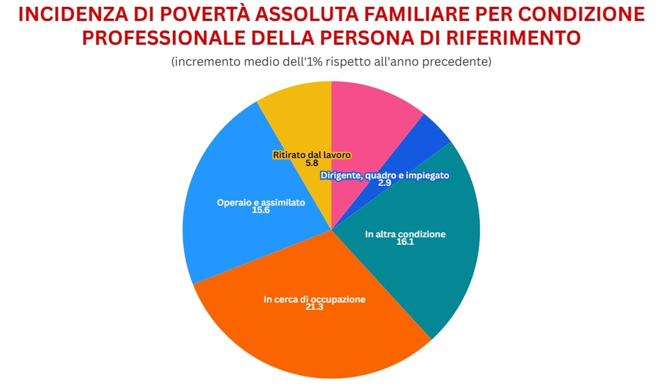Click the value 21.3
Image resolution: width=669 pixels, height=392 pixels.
tap(314, 308)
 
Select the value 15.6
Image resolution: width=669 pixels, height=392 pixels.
tap(261, 210)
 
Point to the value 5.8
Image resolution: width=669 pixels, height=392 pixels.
tap(312, 163)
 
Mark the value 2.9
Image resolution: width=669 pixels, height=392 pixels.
tap(385, 184)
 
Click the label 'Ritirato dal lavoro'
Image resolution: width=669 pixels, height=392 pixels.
tap(312, 155)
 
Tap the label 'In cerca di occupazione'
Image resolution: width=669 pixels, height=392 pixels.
tap(314, 300)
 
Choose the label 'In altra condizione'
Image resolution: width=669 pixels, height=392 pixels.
tap(405, 234)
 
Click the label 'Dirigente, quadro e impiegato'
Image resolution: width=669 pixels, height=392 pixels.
tap(385, 176)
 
